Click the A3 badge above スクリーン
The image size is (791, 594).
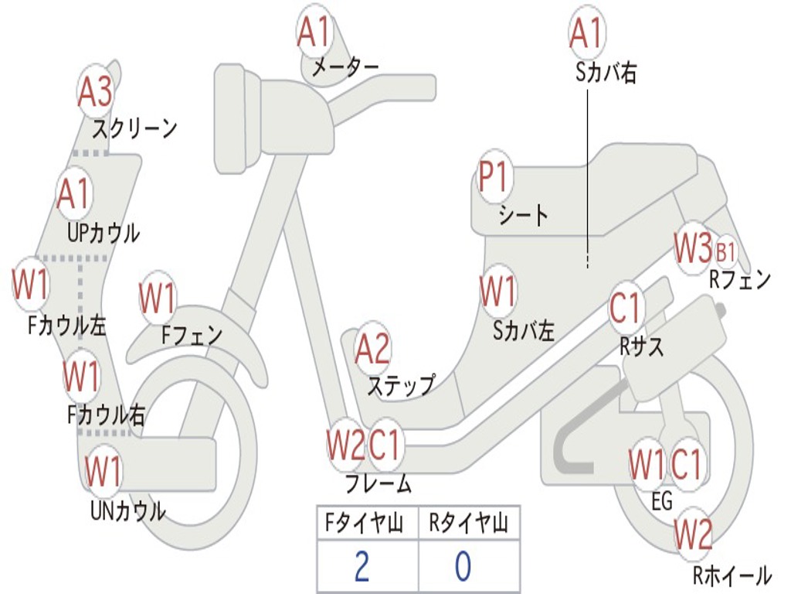tap(95, 91)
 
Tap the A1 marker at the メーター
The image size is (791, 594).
tap(314, 31)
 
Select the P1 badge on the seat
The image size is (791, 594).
tap(494, 176)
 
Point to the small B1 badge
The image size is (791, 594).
tap(725, 251)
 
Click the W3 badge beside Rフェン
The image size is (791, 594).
tap(693, 247)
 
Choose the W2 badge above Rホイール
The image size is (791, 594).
tap(693, 534)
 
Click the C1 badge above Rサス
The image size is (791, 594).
tap(626, 307)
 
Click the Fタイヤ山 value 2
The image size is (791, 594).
tap(362, 566)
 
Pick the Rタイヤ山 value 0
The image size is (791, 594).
tap(463, 566)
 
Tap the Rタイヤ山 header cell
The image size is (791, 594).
tap(469, 523)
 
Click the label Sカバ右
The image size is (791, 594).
tap(606, 72)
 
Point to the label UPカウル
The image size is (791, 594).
tap(104, 234)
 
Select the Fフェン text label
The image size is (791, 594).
tap(192, 335)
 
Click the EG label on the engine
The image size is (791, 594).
tap(662, 501)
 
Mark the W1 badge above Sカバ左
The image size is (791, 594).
tap(497, 291)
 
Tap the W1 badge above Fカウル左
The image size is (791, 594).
tap(30, 284)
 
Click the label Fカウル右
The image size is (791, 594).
tap(106, 415)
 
